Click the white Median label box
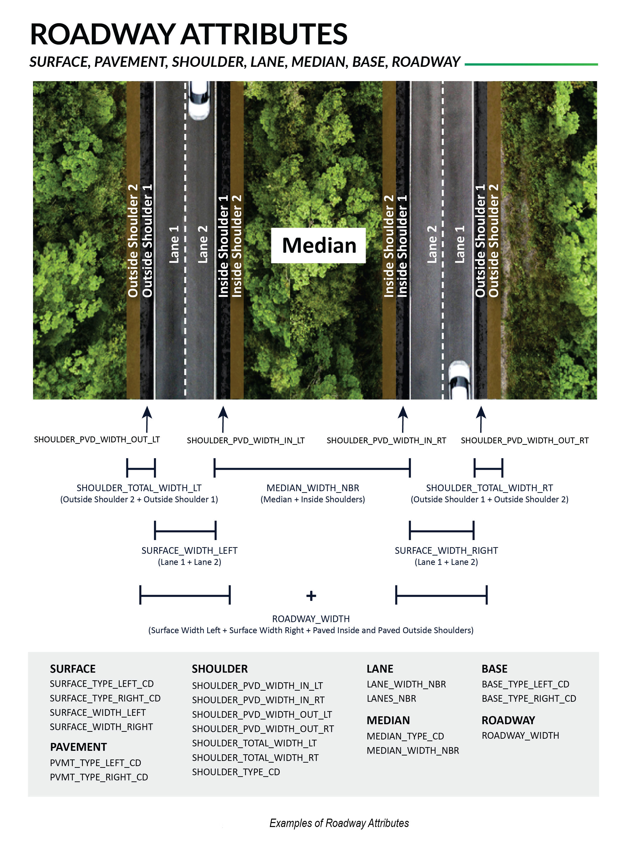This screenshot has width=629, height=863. point(318,245)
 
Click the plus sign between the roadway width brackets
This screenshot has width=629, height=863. point(311,595)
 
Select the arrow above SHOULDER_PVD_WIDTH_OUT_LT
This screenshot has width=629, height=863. point(147,419)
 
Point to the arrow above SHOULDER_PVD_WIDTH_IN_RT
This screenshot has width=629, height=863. point(403,419)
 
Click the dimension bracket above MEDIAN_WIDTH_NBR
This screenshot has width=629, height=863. point(312,468)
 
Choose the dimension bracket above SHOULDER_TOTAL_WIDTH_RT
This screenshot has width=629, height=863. point(488,468)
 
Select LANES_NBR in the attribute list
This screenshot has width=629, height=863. point(391,698)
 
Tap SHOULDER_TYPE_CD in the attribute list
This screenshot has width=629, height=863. point(236,772)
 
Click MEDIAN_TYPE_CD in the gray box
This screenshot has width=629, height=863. point(406,736)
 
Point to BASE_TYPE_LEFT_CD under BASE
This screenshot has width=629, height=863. point(525,684)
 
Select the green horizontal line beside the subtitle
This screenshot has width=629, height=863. point(531,64)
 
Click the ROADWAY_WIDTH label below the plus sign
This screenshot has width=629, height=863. point(311,619)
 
